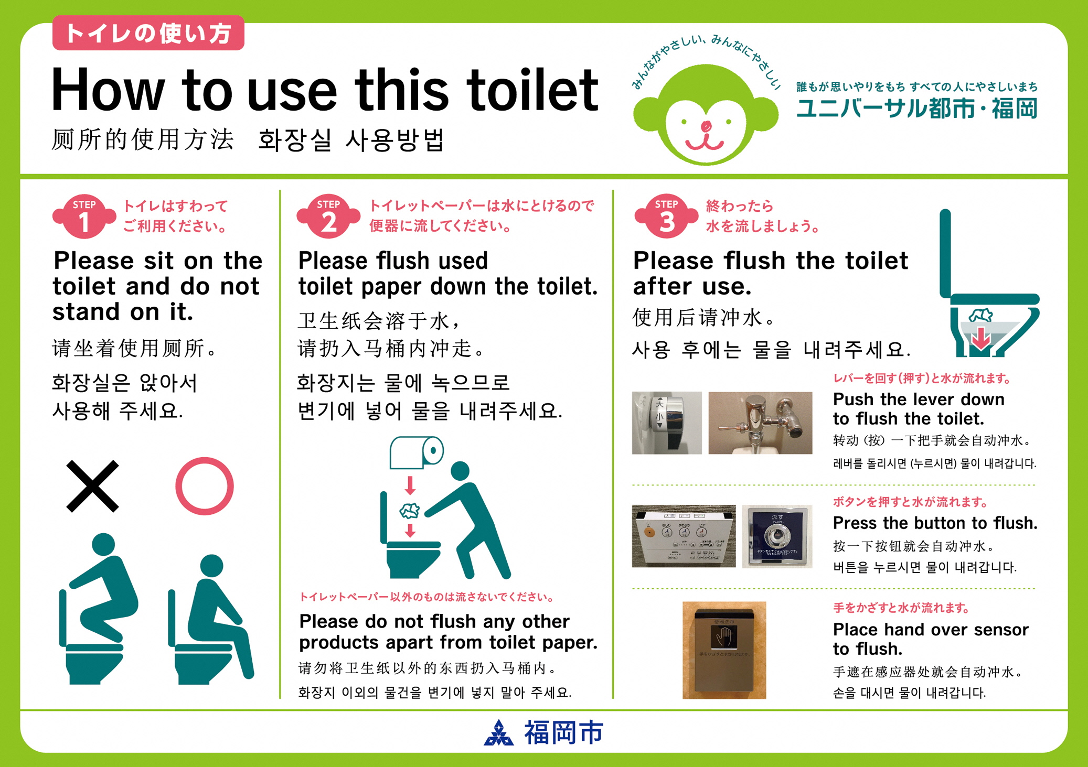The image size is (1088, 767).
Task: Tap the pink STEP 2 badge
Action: (328, 216)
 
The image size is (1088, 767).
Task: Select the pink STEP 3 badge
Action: (666, 216)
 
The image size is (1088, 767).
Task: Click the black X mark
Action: (93, 486)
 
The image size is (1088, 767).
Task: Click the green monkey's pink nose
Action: (706, 126)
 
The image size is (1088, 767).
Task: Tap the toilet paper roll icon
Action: (417, 452)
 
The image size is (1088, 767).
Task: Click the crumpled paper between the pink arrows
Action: (410, 511)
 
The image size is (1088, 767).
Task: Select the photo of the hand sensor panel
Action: (724, 650)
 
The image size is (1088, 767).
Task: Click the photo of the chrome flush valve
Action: (760, 423)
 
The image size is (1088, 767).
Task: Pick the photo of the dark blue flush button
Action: (777, 536)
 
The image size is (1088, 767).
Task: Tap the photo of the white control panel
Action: (684, 536)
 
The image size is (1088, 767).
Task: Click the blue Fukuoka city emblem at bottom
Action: (498, 732)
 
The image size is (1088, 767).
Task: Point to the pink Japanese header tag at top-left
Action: (148, 33)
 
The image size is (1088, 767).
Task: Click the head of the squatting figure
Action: (103, 544)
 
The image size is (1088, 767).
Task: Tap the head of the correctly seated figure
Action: (212, 566)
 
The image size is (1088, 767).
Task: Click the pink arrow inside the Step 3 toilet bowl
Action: (980, 338)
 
